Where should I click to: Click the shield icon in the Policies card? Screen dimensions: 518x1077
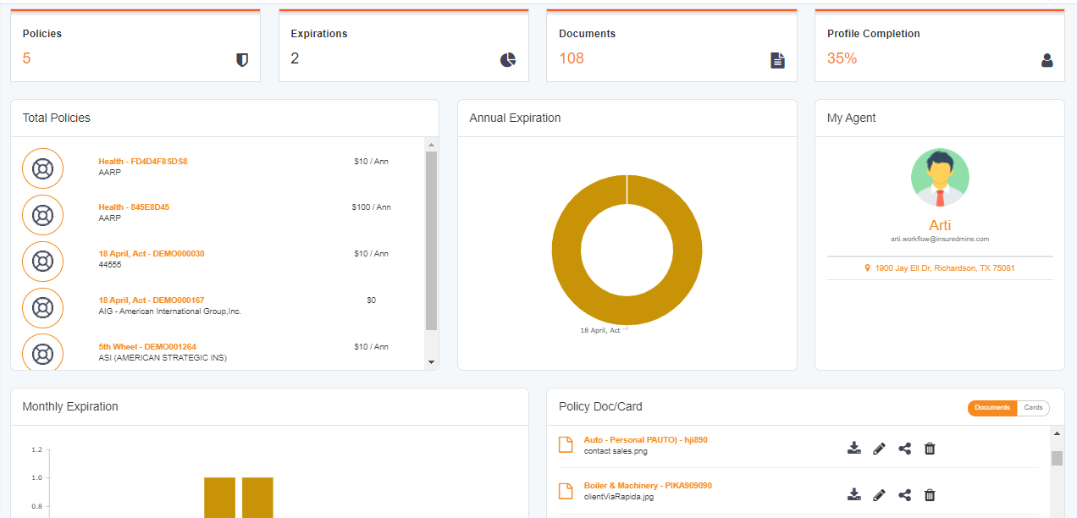tap(242, 60)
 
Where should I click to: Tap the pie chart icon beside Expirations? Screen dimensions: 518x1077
tap(508, 60)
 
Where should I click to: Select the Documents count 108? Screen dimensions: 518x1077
tap(572, 58)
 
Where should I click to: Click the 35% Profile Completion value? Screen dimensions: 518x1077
tap(842, 58)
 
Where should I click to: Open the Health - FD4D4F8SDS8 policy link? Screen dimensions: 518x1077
tap(143, 161)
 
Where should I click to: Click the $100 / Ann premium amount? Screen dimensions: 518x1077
tap(371, 207)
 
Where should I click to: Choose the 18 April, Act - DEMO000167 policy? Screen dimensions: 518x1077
tap(152, 300)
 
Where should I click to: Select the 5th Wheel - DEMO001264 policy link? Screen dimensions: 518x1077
tap(147, 347)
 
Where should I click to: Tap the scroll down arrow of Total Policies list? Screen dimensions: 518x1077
tap(431, 362)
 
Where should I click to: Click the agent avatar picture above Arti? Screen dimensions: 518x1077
tap(940, 178)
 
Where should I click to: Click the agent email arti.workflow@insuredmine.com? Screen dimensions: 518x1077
tap(940, 240)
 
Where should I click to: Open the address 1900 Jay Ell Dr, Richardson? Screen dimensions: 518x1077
tap(945, 268)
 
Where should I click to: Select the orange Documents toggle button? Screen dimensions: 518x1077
tap(992, 408)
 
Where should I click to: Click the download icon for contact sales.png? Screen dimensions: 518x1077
tap(854, 449)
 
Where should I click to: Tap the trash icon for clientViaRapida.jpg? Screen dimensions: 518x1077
tap(930, 495)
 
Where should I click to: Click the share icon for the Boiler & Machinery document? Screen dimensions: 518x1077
tap(904, 495)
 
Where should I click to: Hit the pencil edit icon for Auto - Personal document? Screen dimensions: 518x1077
tap(879, 449)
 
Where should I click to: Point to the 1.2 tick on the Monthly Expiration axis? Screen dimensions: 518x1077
tap(36, 450)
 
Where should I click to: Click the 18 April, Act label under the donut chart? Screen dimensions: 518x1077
tap(600, 330)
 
